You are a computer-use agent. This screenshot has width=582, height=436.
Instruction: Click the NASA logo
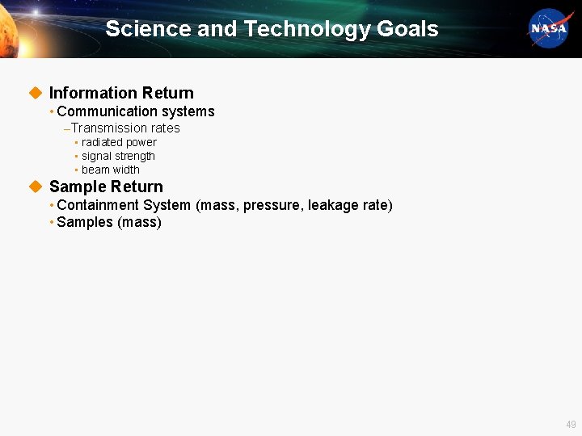550,29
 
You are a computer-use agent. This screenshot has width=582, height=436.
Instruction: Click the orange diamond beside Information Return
35,93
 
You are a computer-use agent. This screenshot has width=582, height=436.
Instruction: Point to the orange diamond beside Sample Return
35,187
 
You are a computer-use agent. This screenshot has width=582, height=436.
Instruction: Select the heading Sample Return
106,187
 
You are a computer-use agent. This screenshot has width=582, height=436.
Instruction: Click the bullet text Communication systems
136,111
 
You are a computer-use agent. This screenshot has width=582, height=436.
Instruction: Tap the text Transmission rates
125,128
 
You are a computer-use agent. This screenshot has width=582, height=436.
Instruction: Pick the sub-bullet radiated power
119,142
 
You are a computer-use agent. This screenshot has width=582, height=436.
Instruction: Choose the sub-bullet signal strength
118,156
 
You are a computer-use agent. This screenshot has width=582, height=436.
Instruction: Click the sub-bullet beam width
111,170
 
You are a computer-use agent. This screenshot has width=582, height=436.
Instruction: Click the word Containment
98,205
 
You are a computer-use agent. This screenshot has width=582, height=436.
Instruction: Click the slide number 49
571,424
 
